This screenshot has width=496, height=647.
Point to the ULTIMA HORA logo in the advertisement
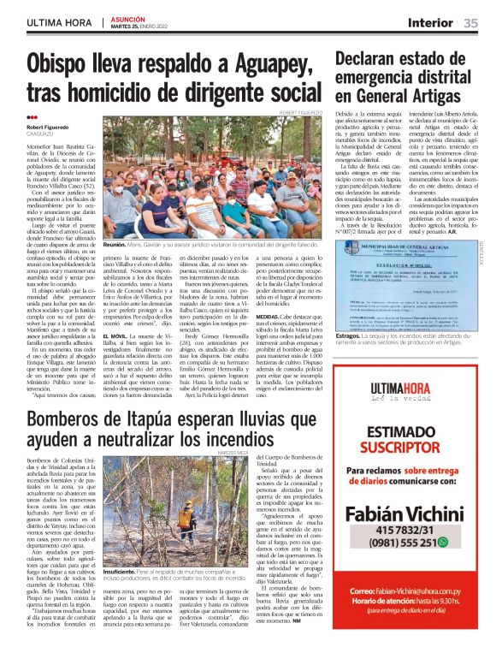(410, 393)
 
